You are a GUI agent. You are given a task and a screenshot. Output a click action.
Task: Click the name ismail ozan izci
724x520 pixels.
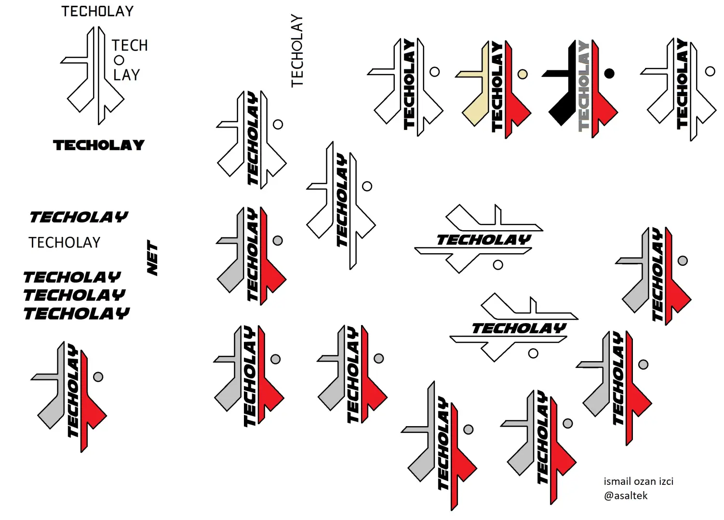[x=638, y=481]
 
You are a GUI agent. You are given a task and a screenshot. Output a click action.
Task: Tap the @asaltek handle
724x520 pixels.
[x=626, y=496]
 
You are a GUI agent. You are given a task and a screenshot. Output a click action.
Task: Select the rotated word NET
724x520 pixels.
[x=152, y=258]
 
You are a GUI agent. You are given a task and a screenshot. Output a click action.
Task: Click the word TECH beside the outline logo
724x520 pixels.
[x=130, y=46]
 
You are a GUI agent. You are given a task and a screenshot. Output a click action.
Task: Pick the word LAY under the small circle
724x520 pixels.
[x=126, y=75]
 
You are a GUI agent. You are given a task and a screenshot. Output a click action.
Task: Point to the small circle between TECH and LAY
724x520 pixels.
[x=119, y=60]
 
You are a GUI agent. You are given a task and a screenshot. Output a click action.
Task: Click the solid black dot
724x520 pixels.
[x=609, y=74]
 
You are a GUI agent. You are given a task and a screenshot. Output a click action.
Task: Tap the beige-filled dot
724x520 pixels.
[x=523, y=74]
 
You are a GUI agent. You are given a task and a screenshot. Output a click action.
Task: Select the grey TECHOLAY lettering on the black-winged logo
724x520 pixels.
[x=584, y=86]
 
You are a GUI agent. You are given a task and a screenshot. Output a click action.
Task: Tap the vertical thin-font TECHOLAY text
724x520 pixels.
[x=297, y=51]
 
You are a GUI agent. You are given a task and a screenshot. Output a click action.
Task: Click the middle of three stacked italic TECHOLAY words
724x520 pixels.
[x=74, y=295]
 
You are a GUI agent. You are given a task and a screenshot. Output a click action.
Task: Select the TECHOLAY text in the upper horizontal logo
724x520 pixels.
[x=484, y=240]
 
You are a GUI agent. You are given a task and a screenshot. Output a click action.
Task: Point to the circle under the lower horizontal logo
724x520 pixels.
[x=533, y=353]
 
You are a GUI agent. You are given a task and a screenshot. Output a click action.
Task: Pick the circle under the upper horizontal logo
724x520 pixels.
[x=498, y=265]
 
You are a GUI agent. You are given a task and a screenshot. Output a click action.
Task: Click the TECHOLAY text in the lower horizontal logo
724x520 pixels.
[x=519, y=328]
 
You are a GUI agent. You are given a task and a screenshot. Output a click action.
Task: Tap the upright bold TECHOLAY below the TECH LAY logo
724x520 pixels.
[x=99, y=145]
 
